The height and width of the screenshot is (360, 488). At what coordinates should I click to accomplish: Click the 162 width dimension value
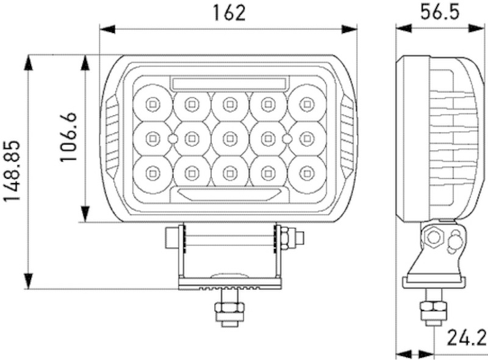pyautogui.click(x=229, y=13)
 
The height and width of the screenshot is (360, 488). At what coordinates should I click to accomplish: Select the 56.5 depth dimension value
pyautogui.click(x=439, y=13)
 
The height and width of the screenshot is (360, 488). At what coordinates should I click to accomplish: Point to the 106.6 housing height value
pyautogui.click(x=68, y=137)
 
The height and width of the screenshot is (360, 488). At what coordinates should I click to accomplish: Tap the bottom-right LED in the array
pyautogui.click(x=306, y=174)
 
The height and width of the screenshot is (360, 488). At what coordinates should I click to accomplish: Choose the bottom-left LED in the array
pyautogui.click(x=152, y=174)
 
